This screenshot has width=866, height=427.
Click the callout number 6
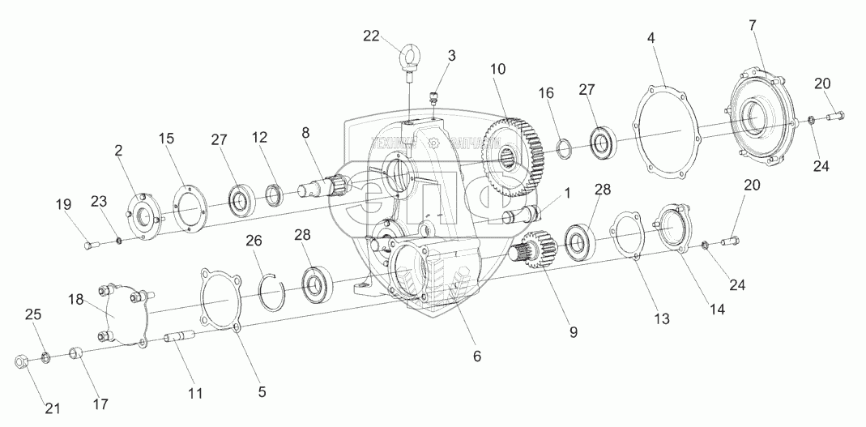coord(477,356)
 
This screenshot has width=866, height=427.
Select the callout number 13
coord(662,318)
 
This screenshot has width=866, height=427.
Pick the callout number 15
coord(166,139)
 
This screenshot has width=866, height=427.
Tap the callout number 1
coord(567,194)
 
